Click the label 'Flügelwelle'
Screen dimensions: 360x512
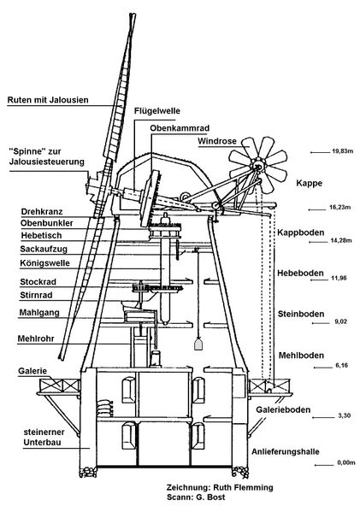(x=156, y=111)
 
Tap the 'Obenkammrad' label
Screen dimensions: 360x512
(x=180, y=128)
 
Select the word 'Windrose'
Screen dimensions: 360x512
(x=217, y=141)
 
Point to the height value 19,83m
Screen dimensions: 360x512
(x=342, y=151)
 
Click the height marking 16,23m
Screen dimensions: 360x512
(x=339, y=208)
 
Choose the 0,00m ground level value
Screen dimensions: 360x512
(x=346, y=462)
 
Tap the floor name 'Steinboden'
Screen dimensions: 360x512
(x=301, y=314)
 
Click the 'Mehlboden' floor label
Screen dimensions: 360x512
(x=301, y=356)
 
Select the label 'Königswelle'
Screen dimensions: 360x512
(x=44, y=263)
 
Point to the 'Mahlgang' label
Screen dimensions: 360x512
(x=39, y=313)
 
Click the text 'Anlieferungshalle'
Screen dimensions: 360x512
(x=286, y=452)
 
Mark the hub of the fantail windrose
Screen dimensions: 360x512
(x=257, y=166)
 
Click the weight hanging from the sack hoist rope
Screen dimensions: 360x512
(x=198, y=344)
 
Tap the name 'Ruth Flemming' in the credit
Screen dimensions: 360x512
(x=243, y=487)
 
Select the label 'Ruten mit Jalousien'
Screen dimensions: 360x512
(x=48, y=100)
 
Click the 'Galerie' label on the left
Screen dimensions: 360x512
(x=32, y=371)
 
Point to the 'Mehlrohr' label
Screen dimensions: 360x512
(x=36, y=338)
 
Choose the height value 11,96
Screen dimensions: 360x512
(x=340, y=278)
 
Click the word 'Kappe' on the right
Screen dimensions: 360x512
(x=309, y=183)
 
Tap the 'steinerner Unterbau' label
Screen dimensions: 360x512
(x=44, y=438)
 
